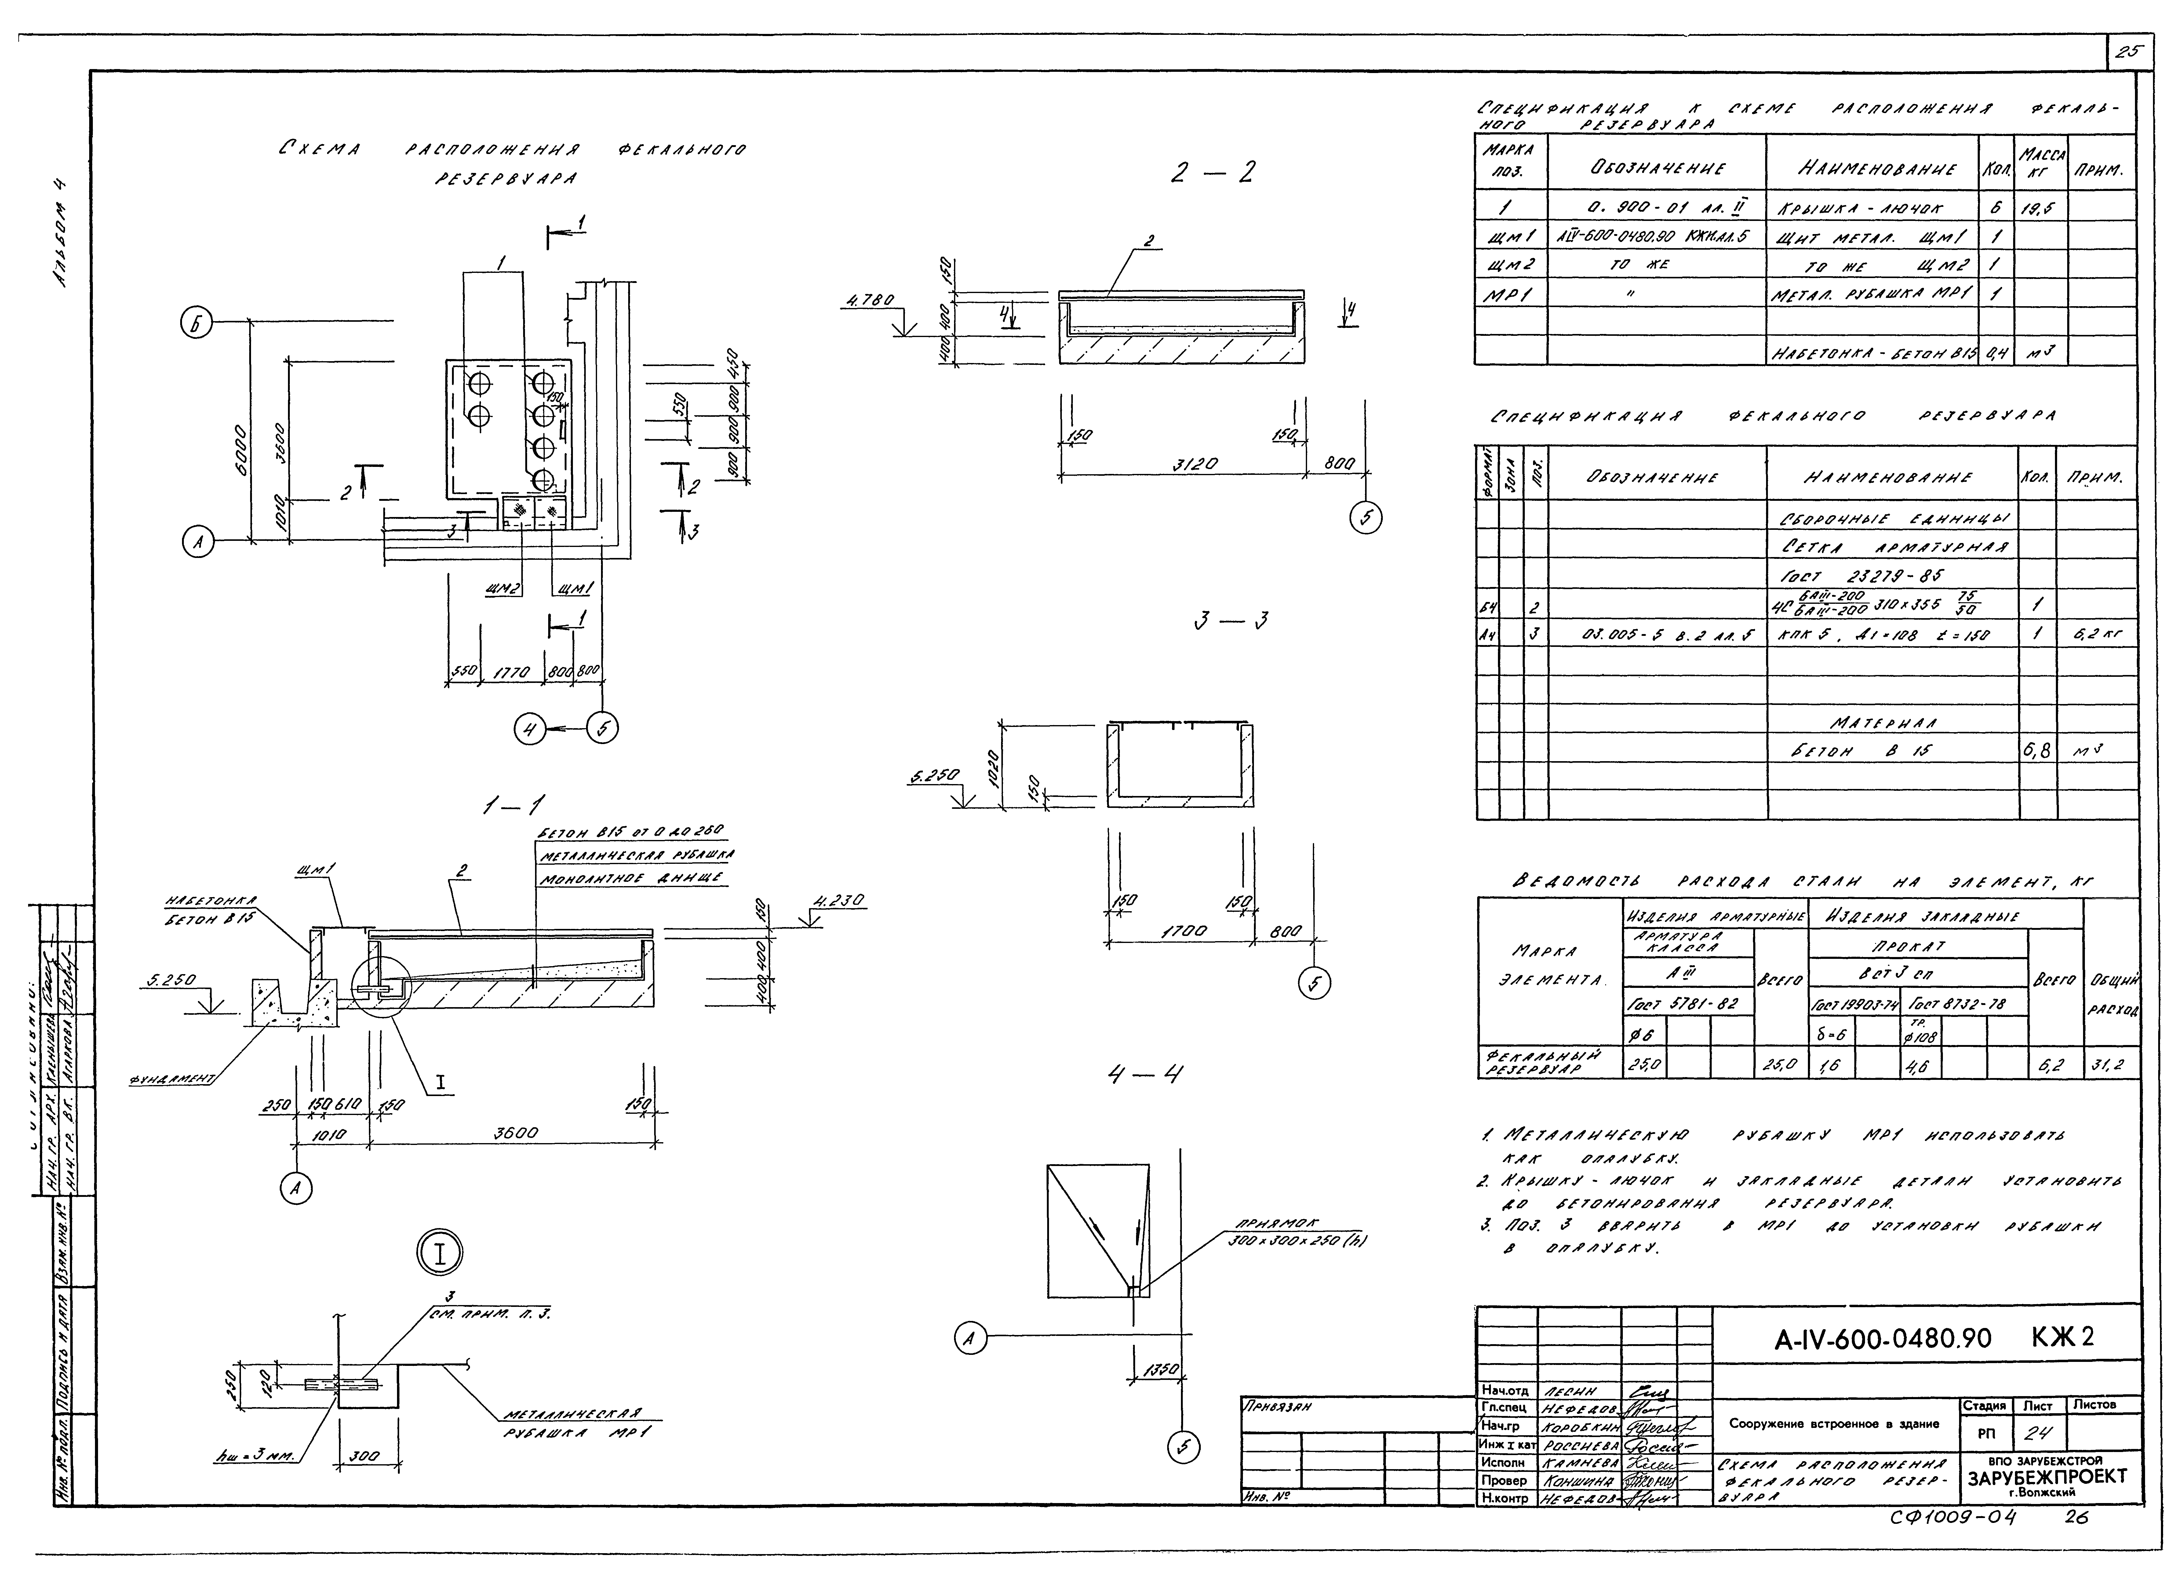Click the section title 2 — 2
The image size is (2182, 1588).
[1214, 173]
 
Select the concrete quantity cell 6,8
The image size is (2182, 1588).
[2037, 751]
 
